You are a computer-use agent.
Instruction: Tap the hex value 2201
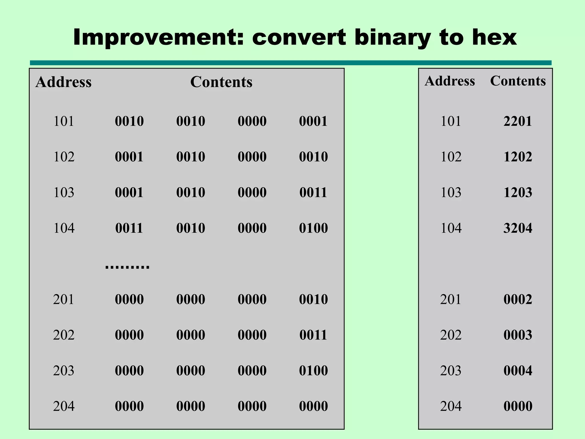518,121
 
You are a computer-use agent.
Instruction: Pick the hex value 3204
518,228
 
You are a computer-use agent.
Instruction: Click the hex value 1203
518,192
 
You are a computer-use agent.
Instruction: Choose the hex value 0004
518,371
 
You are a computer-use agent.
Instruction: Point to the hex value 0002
518,299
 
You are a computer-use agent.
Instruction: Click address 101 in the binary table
64,121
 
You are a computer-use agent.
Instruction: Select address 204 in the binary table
64,406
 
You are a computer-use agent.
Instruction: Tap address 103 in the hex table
451,192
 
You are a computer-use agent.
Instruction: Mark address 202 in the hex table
451,335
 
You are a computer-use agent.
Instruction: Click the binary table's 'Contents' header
221,82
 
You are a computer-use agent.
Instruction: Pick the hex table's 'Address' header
450,81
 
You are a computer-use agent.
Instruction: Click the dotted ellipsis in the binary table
127,267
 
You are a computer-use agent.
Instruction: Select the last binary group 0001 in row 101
313,121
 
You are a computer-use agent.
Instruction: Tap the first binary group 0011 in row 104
129,228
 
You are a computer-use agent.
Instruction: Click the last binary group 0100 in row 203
313,371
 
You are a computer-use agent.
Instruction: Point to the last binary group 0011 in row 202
313,335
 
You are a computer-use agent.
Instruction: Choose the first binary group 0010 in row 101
129,121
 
